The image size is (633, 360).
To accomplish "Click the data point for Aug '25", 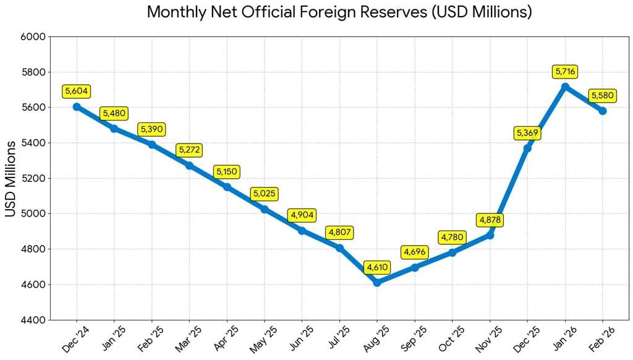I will (377, 283).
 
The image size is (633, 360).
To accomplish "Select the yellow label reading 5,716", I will (565, 72).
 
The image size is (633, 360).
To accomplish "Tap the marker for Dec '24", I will (77, 106).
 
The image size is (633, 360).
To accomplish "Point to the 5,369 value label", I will (527, 133).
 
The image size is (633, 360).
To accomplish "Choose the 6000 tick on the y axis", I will (34, 36).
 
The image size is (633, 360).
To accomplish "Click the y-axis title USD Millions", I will (11, 178).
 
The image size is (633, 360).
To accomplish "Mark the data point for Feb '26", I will (602, 111).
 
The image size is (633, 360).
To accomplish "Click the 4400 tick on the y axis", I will (34, 320).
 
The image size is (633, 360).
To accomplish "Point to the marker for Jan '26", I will (565, 87).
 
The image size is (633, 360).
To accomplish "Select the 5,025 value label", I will (265, 194).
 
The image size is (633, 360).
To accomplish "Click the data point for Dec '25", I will (527, 148).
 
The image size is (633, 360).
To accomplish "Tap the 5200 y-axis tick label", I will (34, 178).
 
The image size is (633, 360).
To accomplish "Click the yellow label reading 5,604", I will (77, 92).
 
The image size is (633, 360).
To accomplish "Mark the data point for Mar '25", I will (189, 165).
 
